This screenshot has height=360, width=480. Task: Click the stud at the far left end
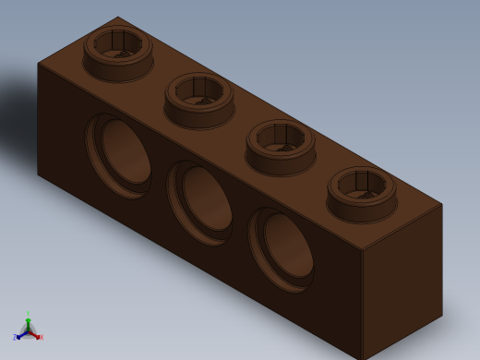(118, 54)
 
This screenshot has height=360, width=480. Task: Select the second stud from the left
(199, 100)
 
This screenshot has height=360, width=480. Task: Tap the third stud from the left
(281, 147)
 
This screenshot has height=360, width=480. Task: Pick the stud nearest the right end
(362, 194)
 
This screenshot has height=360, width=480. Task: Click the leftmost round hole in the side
(120, 154)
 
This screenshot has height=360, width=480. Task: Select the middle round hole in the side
(201, 202)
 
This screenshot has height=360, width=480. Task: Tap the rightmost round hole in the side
(282, 248)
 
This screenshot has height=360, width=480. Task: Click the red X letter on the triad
(42, 337)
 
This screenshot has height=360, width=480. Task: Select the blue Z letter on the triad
(15, 338)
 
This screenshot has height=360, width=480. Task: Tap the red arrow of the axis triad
(35, 334)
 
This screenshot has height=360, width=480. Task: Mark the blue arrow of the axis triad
(20, 334)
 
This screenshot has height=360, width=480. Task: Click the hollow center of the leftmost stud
(118, 42)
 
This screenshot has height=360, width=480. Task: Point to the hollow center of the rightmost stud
(362, 183)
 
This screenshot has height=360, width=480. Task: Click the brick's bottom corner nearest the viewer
(362, 357)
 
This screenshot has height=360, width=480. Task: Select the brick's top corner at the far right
(442, 204)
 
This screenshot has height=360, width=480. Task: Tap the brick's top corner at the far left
(38, 63)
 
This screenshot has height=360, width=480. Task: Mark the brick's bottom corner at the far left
(38, 173)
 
